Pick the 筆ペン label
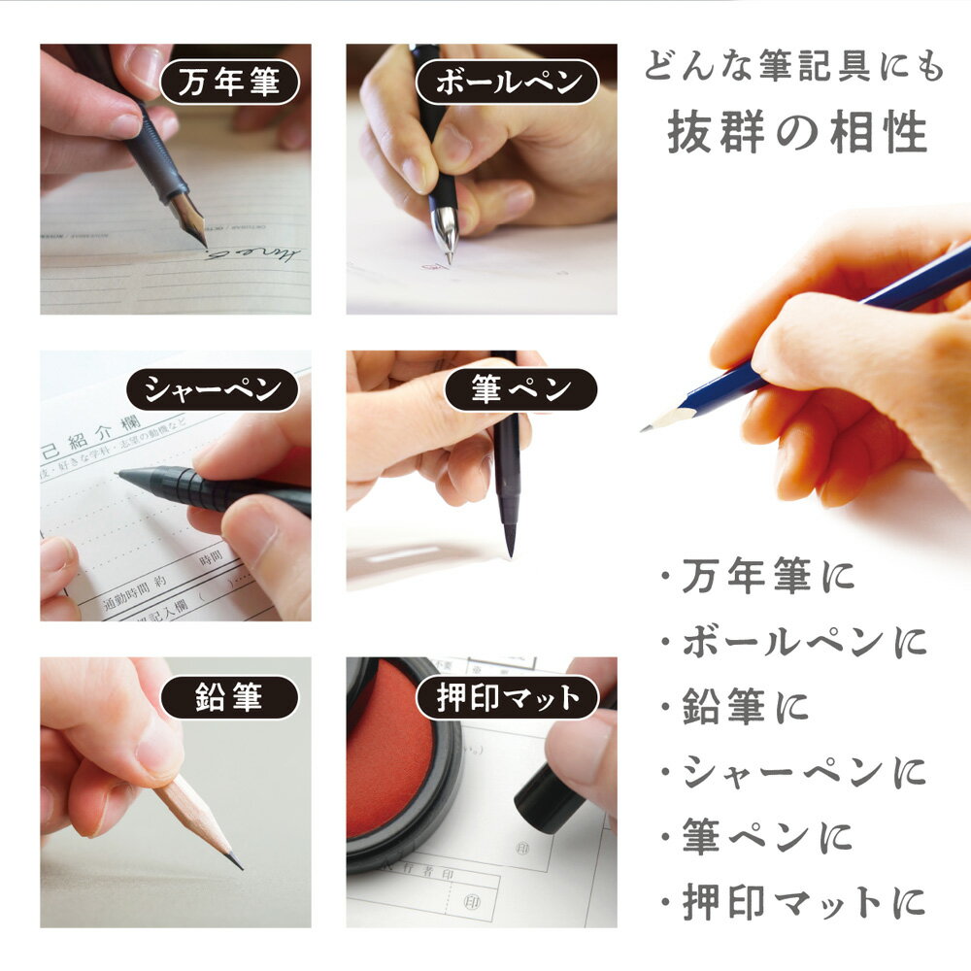click(x=521, y=390)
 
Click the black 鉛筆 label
click(x=229, y=697)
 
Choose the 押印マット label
click(x=508, y=697)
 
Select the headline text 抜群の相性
click(x=797, y=134)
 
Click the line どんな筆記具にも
click(x=793, y=70)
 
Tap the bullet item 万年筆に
click(x=757, y=578)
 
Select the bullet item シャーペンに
click(x=793, y=773)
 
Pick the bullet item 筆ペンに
click(x=757, y=837)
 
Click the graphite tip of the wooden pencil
click(x=235, y=861)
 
